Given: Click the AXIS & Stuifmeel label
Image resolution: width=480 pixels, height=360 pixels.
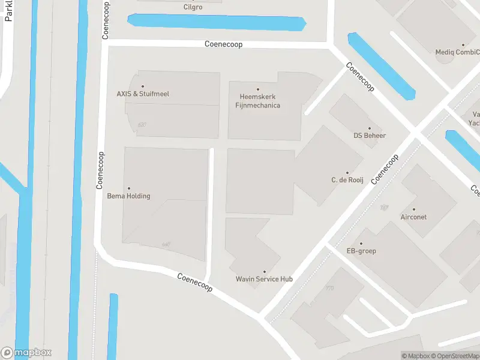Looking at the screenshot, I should coord(142,94).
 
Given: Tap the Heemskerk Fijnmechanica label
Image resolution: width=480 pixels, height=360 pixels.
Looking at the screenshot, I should coord(258,101).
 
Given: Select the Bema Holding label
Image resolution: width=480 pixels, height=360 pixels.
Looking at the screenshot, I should coord(128,196).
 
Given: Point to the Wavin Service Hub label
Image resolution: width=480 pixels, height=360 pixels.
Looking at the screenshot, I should coord(264,279).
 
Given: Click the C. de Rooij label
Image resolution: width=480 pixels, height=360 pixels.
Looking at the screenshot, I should coord(347,180).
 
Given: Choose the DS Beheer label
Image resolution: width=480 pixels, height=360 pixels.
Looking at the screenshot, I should coord(370,136).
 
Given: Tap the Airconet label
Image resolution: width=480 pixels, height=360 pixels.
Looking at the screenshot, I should coord(413,217).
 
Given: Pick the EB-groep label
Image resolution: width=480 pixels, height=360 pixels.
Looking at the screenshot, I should coord(361,251).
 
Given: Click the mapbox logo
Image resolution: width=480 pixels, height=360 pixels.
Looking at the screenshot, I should coord(26,353).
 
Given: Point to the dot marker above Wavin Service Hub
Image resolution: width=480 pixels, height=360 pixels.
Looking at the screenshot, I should coord(264,272).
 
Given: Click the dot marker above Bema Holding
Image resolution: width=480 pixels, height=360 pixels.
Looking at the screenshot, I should coord(128,188).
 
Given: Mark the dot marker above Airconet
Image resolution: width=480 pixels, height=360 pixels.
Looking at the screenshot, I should coord(413,209).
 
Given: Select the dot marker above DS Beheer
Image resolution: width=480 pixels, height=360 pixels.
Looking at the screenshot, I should coord(370,128).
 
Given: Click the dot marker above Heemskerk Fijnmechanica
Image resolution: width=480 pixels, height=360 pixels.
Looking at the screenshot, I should coord(258,89).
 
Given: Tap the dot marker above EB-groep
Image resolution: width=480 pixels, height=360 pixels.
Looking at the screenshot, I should coord(361,243).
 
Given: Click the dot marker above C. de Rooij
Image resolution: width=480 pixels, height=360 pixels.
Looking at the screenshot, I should coord(347,173).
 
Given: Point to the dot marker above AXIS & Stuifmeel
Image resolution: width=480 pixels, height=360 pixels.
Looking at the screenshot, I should coord(142,86).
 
